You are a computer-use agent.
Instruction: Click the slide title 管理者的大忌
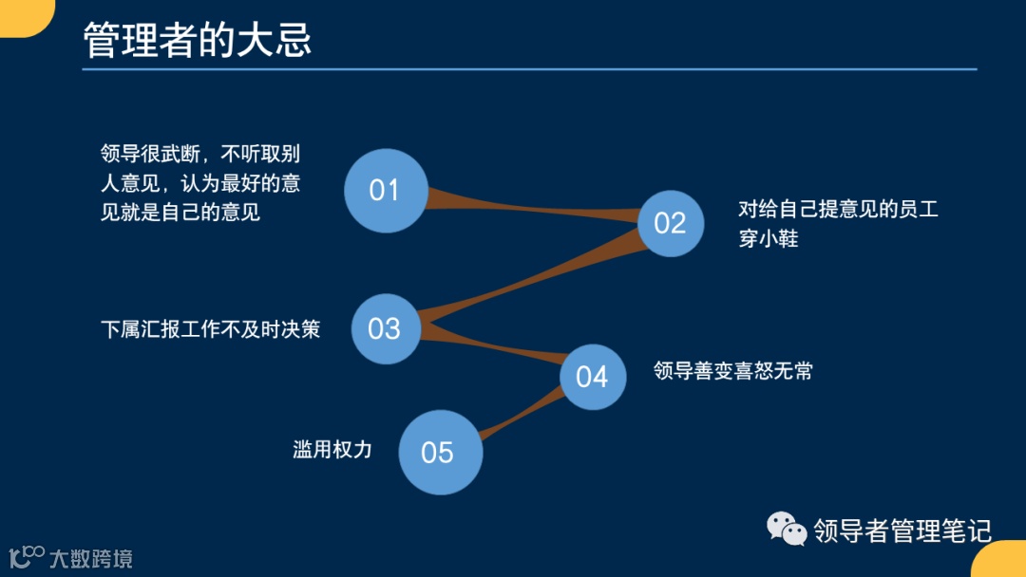pos(198,41)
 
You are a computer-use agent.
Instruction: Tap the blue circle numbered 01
pos(385,191)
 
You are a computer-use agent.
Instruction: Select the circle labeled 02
pos(670,223)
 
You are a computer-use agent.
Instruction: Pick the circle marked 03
pos(385,328)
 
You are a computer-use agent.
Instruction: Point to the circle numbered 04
pos(592,377)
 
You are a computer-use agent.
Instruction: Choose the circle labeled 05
pos(439,452)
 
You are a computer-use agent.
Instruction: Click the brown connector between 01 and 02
pos(532,207)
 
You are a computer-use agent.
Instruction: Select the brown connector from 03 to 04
pos(494,350)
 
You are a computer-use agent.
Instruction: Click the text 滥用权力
pos(332,450)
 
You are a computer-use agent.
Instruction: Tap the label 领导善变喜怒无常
pos(732,370)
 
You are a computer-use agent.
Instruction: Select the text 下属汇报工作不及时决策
pos(210,329)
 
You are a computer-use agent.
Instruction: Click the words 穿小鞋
pos(769,238)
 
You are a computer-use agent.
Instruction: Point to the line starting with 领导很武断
pos(200,154)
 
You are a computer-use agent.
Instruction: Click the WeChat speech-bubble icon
pos(787,529)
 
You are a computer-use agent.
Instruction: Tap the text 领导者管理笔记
pos(902,530)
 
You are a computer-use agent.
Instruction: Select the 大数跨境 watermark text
pos(90,558)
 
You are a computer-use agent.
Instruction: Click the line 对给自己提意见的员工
pos(838,209)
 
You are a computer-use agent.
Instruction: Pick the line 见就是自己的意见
pos(180,212)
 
